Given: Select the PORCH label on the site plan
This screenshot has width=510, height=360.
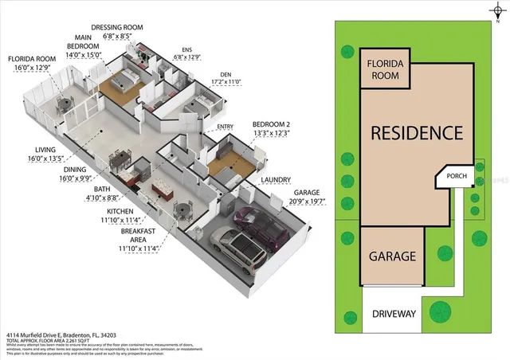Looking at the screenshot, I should coord(457,177).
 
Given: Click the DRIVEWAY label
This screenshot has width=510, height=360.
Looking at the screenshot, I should coord(394,314).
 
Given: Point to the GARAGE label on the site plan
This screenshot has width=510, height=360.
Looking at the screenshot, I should coord(391,256).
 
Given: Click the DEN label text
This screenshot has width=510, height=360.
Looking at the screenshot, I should coord(225,76).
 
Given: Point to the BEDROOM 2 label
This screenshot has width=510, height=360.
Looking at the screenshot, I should coord(271,125).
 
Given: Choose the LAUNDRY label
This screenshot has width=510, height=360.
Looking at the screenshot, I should coord(275,180).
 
